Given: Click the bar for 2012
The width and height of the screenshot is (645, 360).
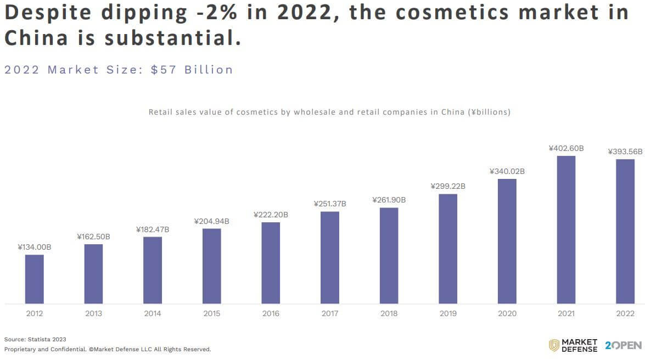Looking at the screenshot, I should point(34,279).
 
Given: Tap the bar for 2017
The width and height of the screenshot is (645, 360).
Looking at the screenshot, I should point(329,257).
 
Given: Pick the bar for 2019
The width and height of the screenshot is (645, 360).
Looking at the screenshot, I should point(448,249).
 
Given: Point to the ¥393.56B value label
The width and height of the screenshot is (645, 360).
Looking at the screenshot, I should point(625,151).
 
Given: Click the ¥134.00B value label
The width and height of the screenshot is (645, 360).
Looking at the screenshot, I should point(34,247).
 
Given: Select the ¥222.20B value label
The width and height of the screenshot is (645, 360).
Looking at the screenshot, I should point(271,215).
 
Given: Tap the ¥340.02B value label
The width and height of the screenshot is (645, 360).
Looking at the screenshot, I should point(507,171).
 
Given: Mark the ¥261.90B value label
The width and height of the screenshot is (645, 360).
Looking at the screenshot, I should point(389,200).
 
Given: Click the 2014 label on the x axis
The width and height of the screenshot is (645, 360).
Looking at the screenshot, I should point(153,313).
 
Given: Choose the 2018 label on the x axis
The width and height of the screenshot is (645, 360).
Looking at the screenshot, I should point(389,313).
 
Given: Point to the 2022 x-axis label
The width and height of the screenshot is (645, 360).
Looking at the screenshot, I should point(625,313).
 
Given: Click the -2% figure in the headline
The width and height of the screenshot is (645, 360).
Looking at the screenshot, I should point(216,13).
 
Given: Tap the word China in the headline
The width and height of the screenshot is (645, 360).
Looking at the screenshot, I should point(37,38).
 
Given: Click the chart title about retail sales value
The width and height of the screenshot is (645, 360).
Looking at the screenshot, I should point(329,112).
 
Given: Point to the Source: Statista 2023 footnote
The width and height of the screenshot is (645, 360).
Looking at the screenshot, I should point(35,339).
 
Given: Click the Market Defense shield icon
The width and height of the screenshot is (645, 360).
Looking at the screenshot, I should point(554,345).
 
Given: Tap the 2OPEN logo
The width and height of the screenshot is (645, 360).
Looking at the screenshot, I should point(623,345).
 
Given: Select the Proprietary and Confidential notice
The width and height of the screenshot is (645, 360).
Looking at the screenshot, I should point(108,349).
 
